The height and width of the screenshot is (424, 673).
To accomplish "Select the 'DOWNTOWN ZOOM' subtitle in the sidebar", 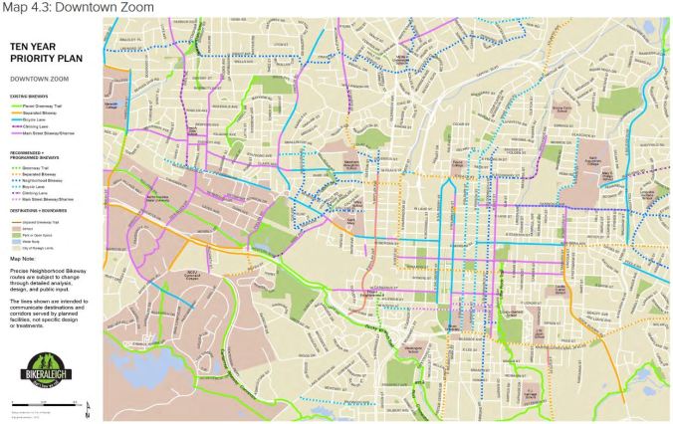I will (x=34, y=78).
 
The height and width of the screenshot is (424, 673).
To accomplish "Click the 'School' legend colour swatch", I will (x=14, y=228).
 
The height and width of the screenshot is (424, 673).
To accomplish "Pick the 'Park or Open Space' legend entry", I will (x=39, y=234).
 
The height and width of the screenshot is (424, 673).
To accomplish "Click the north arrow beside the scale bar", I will (x=91, y=406).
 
